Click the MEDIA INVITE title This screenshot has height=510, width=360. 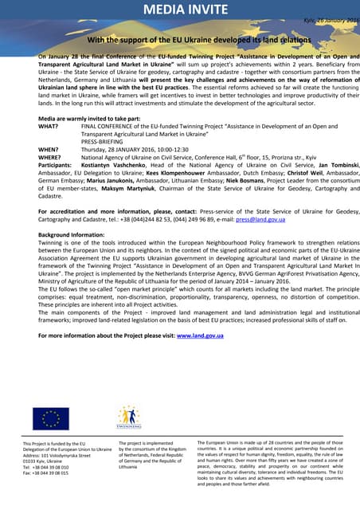tap(179, 9)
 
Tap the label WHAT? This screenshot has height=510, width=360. tap(48, 126)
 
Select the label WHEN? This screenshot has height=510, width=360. tap(49, 149)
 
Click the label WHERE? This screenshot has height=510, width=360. tap(49, 157)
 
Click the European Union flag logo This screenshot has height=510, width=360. tap(50, 418)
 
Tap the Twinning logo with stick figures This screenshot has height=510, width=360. tap(128, 418)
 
